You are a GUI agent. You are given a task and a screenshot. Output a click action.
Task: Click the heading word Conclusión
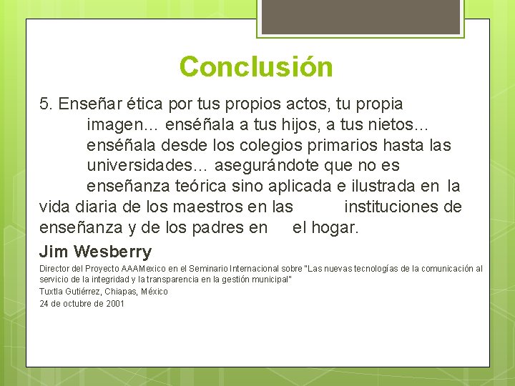tap(256, 67)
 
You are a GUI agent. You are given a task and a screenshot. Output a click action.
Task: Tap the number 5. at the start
tap(47, 104)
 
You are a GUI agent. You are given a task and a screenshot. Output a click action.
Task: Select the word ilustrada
tap(378, 187)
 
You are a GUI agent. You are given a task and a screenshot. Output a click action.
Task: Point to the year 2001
tap(114, 303)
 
